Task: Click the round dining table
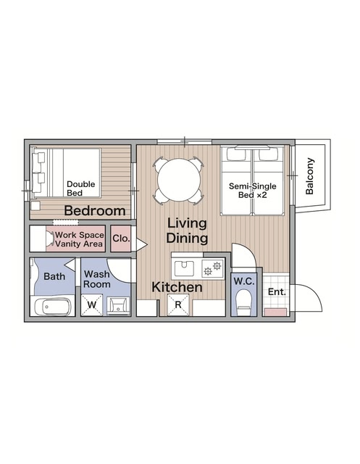click(x=179, y=180)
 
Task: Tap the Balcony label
click(x=310, y=176)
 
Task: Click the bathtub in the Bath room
click(x=53, y=307)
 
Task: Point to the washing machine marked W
click(x=91, y=304)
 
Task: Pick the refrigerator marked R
click(x=178, y=304)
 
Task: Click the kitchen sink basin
click(x=184, y=268)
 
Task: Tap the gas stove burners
click(x=213, y=268)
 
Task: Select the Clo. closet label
click(x=121, y=239)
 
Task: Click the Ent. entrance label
click(x=277, y=292)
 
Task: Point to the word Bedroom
click(x=95, y=211)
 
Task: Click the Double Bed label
click(x=80, y=188)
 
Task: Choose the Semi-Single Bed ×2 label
click(x=252, y=191)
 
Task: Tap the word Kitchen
click(x=177, y=287)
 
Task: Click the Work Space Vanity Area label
click(x=80, y=239)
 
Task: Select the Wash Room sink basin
click(x=118, y=305)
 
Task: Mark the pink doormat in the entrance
click(x=276, y=312)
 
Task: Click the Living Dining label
click(x=187, y=231)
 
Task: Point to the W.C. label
click(x=244, y=281)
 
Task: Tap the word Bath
click(x=54, y=277)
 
